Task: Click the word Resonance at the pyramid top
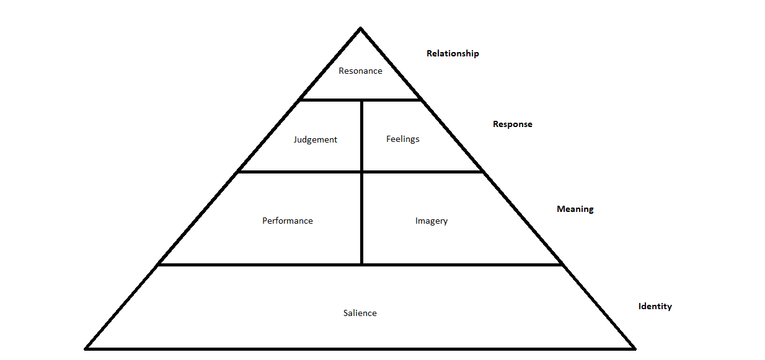[360, 71]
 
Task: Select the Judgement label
[315, 140]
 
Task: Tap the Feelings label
[402, 139]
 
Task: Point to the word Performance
[287, 221]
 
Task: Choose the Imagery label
[431, 221]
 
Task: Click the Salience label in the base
[360, 313]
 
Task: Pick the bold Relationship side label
[453, 53]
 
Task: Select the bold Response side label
[512, 124]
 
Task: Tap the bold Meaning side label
[575, 209]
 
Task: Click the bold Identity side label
[655, 306]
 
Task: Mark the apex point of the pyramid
[360, 29]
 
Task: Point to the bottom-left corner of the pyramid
[87, 348]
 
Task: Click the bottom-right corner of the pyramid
[634, 348]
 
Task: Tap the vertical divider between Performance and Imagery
[362, 218]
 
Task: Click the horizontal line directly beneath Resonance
[360, 100]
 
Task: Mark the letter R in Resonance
[342, 71]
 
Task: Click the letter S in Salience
[346, 313]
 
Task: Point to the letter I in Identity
[640, 306]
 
